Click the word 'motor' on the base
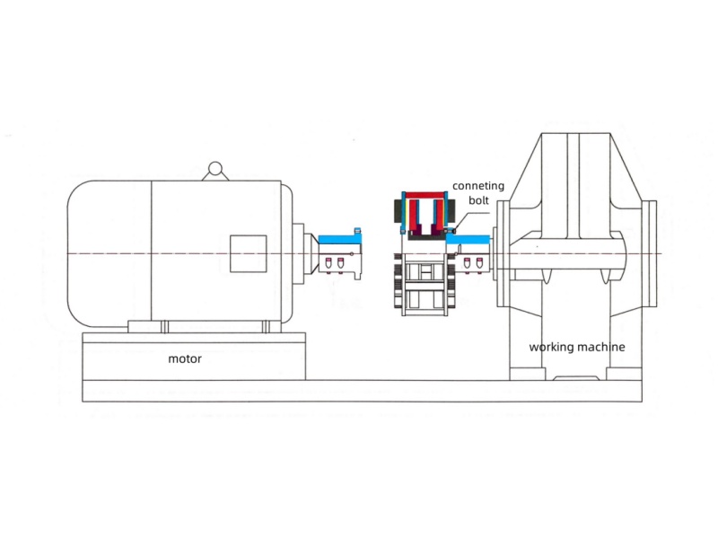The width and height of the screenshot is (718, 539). click(185, 358)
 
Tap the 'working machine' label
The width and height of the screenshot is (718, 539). click(576, 347)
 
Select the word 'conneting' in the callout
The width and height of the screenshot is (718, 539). click(477, 186)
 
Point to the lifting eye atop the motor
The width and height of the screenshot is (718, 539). click(214, 169)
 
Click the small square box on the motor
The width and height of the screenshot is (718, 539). click(248, 252)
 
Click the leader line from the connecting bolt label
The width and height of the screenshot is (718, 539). click(460, 219)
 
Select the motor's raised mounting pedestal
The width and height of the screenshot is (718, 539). click(194, 356)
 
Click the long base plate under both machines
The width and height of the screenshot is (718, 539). click(359, 391)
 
